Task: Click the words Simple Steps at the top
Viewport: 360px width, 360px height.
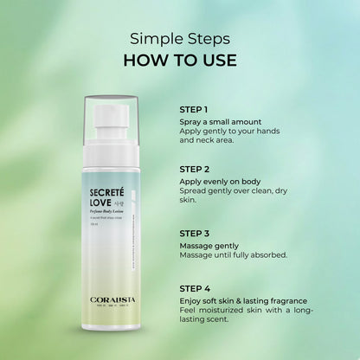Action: [x=179, y=38]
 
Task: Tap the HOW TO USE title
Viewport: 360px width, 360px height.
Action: [x=179, y=60]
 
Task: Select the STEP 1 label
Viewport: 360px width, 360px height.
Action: [x=194, y=110]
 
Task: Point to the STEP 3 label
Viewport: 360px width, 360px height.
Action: [x=194, y=234]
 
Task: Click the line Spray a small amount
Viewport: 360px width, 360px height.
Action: [x=221, y=122]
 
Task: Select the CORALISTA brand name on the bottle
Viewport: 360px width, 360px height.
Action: [x=114, y=325]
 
